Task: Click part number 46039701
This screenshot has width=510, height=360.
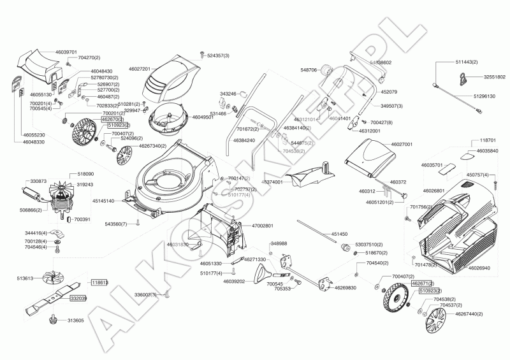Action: click(66, 52)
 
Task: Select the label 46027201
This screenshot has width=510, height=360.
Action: click(139, 68)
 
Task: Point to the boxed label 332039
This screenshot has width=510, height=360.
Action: click(78, 298)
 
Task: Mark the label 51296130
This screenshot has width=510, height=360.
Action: click(485, 96)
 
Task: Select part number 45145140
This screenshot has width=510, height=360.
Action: click(103, 201)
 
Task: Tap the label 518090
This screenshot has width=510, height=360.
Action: click(85, 173)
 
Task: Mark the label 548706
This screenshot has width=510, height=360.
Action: click(309, 70)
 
